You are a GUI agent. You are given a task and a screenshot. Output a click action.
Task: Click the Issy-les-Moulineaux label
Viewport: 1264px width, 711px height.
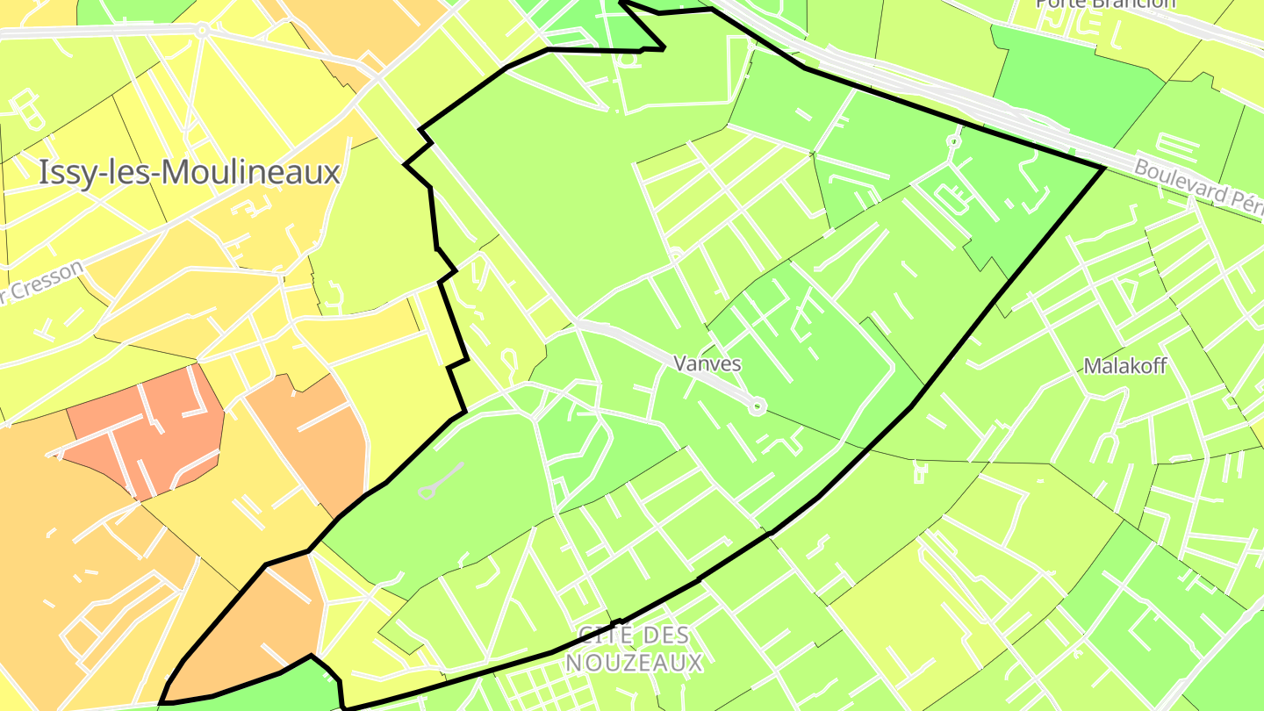pyautogui.click(x=189, y=173)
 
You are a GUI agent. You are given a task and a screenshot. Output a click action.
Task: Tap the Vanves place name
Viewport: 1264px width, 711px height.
pyautogui.click(x=707, y=363)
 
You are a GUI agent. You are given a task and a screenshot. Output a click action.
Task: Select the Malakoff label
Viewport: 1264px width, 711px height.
pyautogui.click(x=1125, y=366)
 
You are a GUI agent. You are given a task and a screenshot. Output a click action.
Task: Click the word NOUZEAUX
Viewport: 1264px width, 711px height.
pyautogui.click(x=634, y=663)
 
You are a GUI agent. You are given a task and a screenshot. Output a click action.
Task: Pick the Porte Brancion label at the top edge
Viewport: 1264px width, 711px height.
pyautogui.click(x=1105, y=4)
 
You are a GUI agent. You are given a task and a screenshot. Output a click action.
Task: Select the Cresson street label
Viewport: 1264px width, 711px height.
pyautogui.click(x=48, y=282)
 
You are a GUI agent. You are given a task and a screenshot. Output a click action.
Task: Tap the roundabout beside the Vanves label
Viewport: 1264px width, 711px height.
pyautogui.click(x=758, y=406)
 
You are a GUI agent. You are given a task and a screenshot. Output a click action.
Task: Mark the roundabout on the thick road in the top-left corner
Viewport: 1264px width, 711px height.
pyautogui.click(x=203, y=30)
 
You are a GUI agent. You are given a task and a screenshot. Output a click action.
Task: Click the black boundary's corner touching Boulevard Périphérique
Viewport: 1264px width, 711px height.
pyautogui.click(x=1102, y=167)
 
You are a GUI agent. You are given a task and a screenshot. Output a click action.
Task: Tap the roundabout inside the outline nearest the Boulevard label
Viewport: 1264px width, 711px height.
pyautogui.click(x=954, y=140)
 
